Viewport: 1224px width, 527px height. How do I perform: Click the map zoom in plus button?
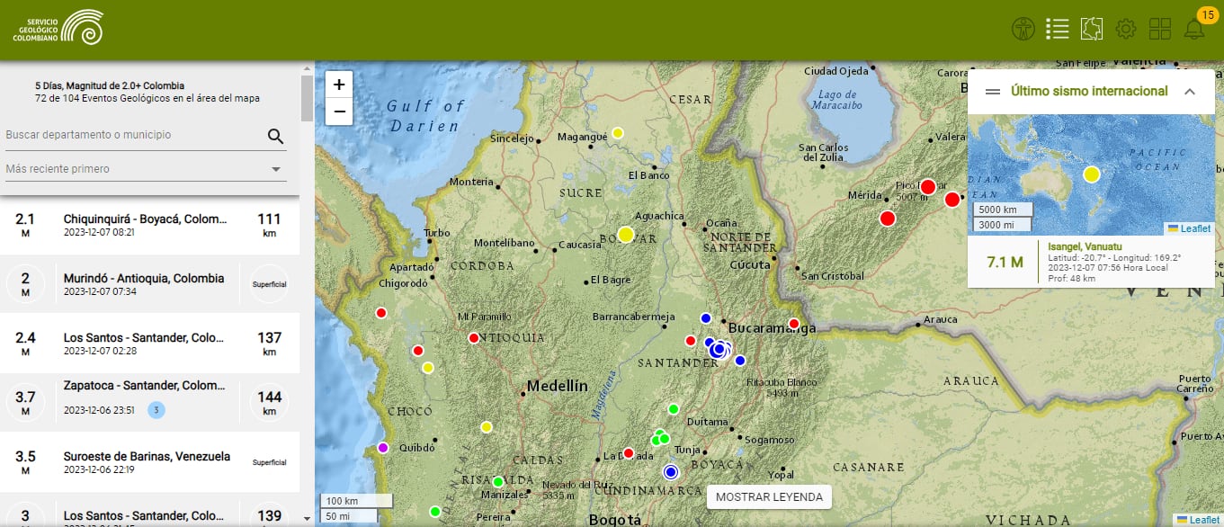(x=339, y=85)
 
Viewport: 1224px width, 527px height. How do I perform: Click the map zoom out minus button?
(x=339, y=112)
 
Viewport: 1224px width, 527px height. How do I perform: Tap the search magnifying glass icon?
(x=275, y=136)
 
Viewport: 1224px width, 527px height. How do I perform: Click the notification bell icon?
(x=1194, y=29)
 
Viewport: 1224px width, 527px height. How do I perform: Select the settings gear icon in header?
(x=1125, y=29)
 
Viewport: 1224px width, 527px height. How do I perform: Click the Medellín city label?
(x=557, y=386)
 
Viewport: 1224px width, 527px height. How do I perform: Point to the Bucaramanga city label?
(x=772, y=328)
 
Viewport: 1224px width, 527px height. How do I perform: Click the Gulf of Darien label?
(x=426, y=115)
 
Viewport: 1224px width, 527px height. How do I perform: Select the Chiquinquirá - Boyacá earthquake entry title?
(x=143, y=219)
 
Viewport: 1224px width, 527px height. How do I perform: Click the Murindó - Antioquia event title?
(x=143, y=279)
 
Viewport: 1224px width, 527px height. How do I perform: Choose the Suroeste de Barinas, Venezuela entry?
(x=147, y=456)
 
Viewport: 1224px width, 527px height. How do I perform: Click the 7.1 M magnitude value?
(x=1005, y=263)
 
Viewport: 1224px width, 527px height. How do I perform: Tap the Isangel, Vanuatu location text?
(x=1085, y=246)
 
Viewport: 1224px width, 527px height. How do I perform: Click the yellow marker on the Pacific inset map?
(x=1091, y=174)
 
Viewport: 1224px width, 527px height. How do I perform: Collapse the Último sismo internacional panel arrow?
(x=1189, y=91)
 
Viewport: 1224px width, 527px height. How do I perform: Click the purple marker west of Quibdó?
(x=383, y=448)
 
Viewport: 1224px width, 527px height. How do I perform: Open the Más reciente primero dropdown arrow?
(x=276, y=169)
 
